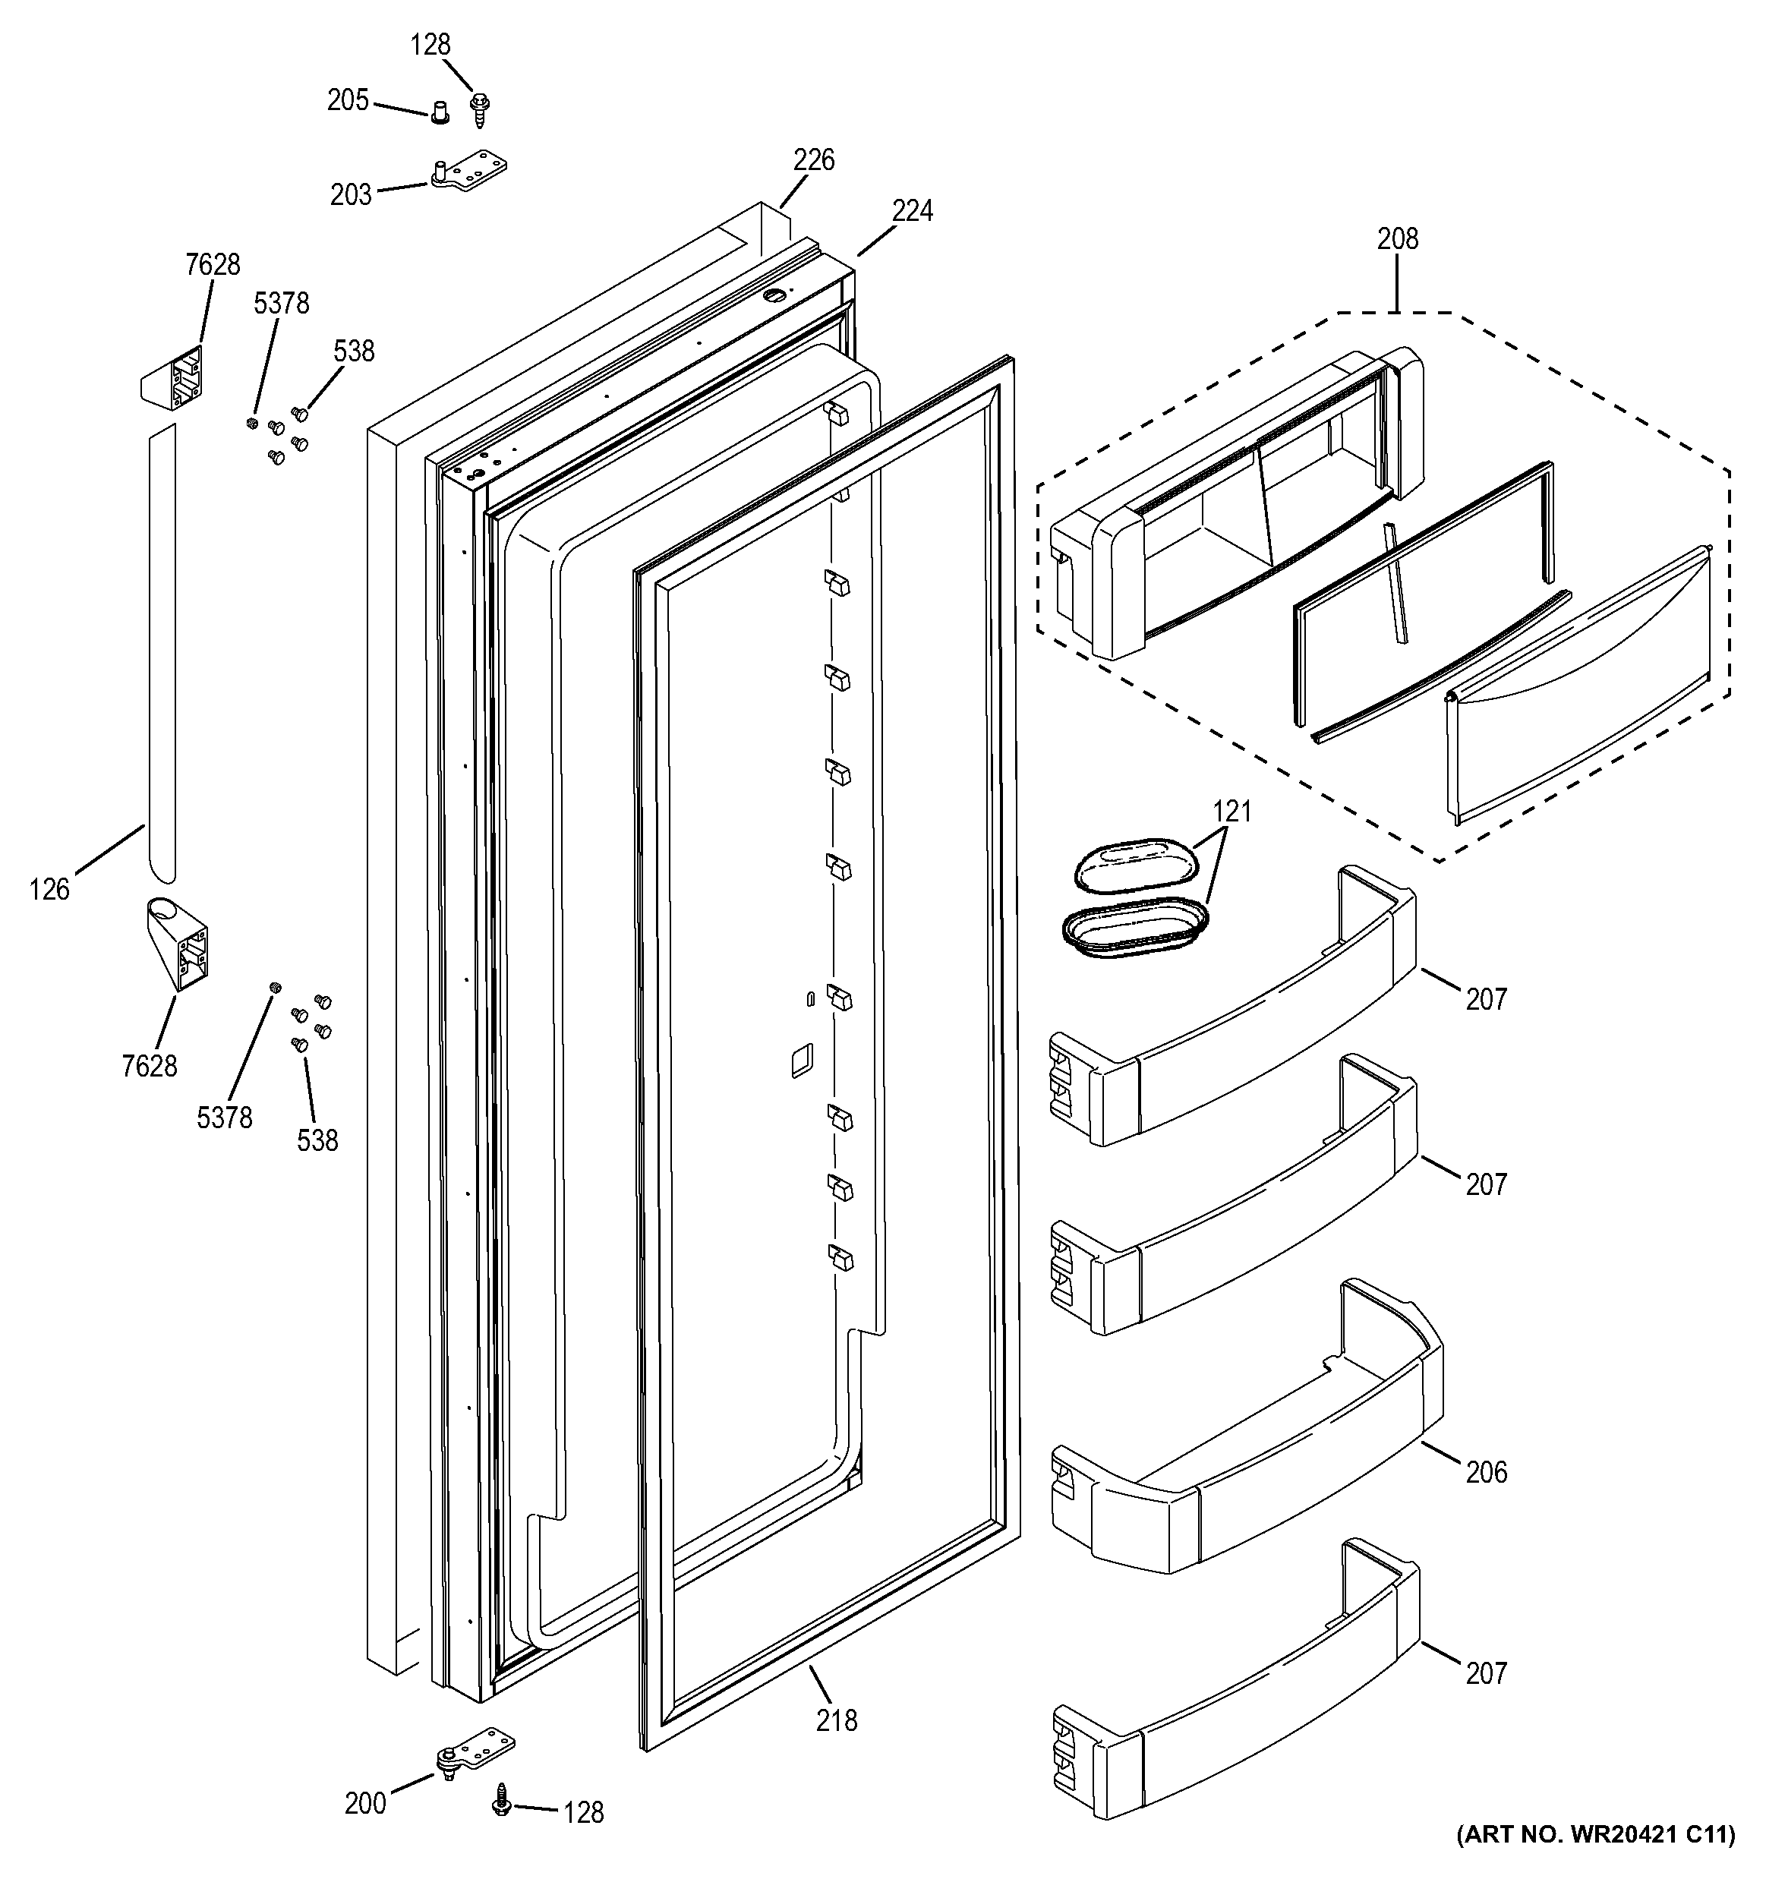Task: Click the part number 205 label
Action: click(347, 100)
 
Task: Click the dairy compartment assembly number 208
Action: click(1396, 239)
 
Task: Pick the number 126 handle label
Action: click(49, 890)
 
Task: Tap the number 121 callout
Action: click(1231, 811)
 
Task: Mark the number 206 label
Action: click(1485, 1471)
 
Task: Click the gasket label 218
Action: click(837, 1720)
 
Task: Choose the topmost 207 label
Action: click(1485, 998)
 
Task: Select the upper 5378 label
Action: click(281, 304)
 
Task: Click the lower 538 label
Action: click(317, 1141)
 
